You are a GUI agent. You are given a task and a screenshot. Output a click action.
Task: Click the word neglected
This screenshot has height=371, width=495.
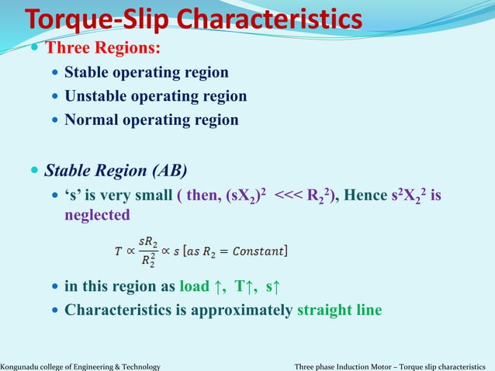[x=97, y=214]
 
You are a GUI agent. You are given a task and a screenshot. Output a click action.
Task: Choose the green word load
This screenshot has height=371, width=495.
[x=194, y=286]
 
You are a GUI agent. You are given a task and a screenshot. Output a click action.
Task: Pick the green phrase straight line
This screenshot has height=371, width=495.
[x=339, y=309]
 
